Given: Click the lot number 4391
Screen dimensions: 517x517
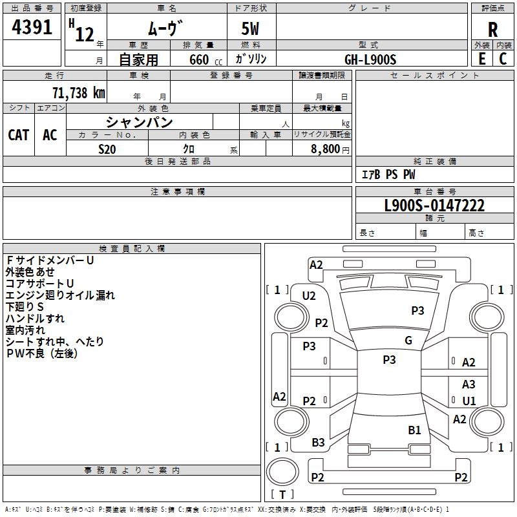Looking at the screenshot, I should click(x=32, y=29).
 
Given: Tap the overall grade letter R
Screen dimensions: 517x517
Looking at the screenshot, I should click(x=493, y=30).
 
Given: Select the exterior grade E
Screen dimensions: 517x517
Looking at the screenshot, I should click(x=481, y=59).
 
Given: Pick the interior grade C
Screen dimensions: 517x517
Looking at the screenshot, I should click(x=503, y=59).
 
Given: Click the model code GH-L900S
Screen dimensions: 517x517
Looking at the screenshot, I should click(x=370, y=59).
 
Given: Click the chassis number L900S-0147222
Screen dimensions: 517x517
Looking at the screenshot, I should click(x=434, y=206).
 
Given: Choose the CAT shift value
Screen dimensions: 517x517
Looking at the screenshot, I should click(x=18, y=134).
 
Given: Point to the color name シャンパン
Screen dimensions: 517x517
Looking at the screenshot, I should click(x=140, y=121).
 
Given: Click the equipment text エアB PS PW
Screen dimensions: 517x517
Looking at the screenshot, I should click(x=388, y=175).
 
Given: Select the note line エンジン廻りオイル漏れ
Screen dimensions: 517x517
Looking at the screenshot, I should click(x=60, y=295).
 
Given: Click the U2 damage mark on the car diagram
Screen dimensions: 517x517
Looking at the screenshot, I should click(x=309, y=296).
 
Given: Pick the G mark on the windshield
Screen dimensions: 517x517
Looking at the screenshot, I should click(x=408, y=341).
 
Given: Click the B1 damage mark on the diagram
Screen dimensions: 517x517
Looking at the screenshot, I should click(x=414, y=430).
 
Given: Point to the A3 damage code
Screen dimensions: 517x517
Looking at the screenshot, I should click(x=469, y=385).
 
